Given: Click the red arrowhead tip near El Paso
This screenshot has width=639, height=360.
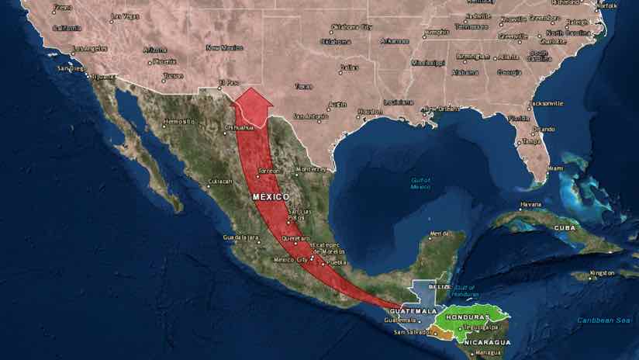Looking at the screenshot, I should tap(251, 89).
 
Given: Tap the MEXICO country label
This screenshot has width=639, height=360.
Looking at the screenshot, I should tap(271, 197).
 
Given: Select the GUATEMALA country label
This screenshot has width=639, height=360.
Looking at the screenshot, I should tap(415, 310).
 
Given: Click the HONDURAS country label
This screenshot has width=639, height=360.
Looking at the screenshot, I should tap(469, 317).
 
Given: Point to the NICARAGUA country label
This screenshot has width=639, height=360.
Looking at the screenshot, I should tap(486, 342).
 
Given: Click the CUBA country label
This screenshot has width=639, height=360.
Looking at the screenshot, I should tap(564, 228).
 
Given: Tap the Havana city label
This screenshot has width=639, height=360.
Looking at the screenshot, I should tap(530, 205).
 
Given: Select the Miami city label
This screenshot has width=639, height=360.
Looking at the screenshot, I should tap(555, 168).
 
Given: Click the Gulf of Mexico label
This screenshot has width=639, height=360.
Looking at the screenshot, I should tap(420, 183).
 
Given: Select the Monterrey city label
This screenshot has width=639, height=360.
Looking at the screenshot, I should tap(312, 169).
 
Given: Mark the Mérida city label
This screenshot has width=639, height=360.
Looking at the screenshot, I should tap(439, 234).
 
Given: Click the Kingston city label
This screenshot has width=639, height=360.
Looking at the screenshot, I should tap(602, 273).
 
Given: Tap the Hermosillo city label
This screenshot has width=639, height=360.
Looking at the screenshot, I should tap(180, 122).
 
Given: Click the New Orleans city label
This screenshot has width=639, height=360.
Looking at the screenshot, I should tap(440, 109).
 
